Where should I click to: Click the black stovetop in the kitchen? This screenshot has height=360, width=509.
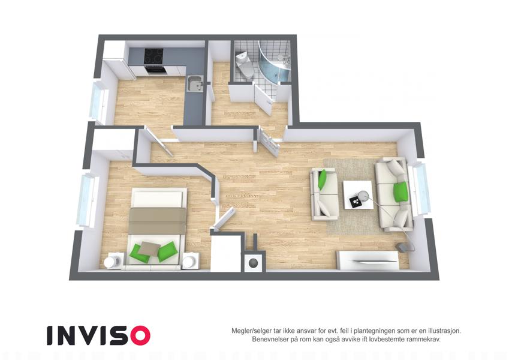154,56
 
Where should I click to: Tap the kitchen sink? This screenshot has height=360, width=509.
195,83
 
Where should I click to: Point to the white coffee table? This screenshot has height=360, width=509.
358,195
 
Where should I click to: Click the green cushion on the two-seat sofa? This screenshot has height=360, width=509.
323,179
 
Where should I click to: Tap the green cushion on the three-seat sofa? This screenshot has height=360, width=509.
400,191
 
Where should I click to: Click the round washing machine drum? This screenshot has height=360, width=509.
252,263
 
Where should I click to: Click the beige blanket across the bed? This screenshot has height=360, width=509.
157,221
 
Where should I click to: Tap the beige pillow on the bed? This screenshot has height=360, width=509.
150,248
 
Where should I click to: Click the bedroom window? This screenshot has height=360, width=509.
87,200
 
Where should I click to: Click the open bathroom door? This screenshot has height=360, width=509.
263,99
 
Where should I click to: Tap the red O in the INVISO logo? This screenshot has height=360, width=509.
140,335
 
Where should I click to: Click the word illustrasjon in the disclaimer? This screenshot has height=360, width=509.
444,331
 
